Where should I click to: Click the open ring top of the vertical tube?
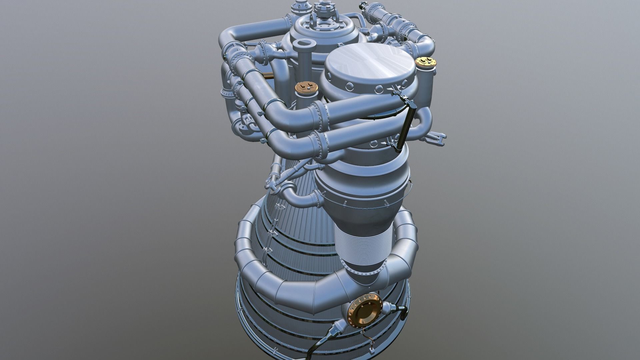pyautogui.click(x=303, y=44)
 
